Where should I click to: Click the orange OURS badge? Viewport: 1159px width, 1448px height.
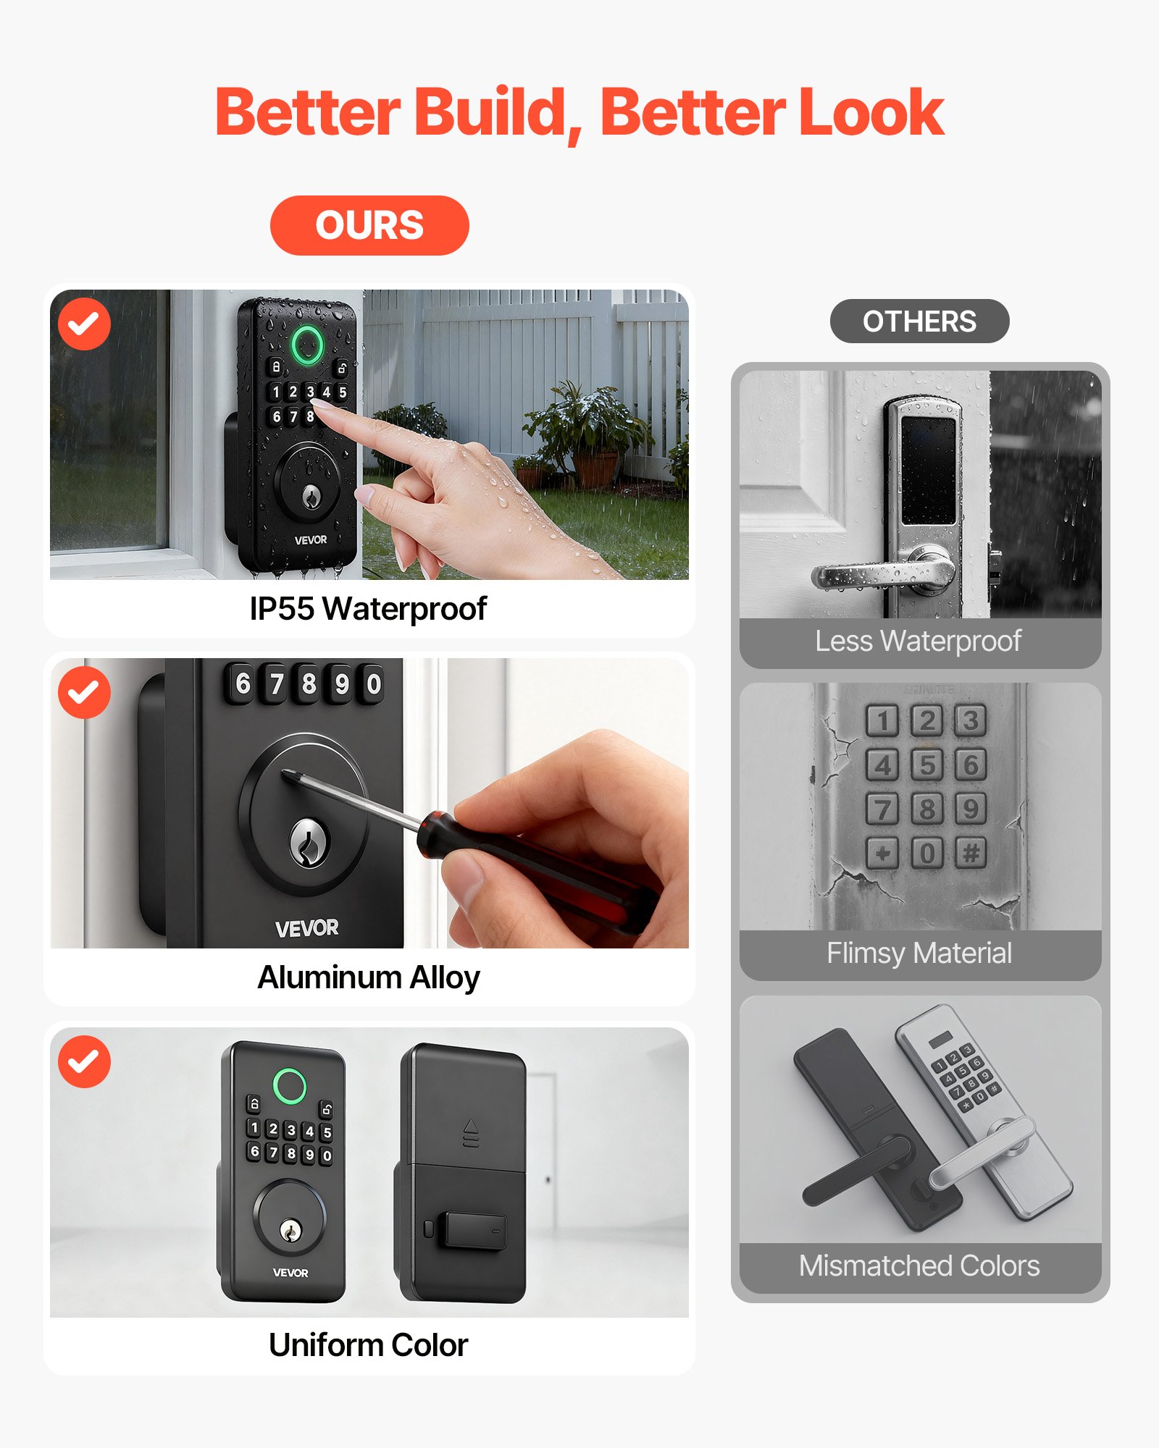click(x=369, y=225)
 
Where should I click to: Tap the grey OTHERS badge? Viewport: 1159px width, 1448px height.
click(x=919, y=321)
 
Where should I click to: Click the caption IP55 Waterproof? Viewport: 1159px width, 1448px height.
click(x=368, y=609)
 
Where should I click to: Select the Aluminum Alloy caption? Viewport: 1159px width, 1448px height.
click(x=368, y=977)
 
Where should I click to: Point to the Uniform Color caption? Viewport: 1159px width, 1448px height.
click(x=368, y=1345)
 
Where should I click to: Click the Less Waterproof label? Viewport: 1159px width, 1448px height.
click(x=918, y=641)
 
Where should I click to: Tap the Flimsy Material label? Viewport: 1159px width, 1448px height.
click(x=919, y=954)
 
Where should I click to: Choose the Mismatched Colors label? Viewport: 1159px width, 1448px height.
click(x=919, y=1266)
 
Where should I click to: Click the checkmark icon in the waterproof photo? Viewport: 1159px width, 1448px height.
click(x=84, y=324)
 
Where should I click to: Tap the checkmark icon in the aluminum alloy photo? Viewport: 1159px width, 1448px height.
click(x=84, y=692)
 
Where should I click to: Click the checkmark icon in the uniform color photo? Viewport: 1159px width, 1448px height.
click(x=84, y=1061)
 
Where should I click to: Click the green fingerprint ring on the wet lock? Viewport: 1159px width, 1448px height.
click(x=307, y=345)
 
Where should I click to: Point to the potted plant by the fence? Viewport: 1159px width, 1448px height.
click(x=587, y=434)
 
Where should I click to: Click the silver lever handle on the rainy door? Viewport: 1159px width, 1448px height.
click(x=884, y=574)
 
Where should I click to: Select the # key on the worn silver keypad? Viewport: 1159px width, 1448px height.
click(x=971, y=853)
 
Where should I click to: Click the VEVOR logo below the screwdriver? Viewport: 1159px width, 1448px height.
click(x=306, y=927)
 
